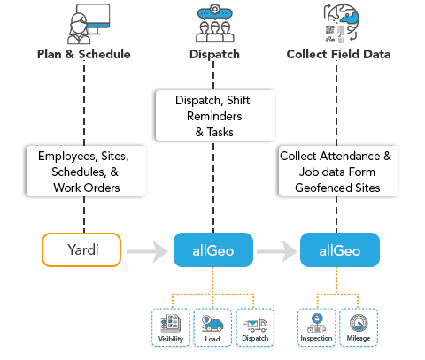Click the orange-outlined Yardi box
click(x=81, y=249)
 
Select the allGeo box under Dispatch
click(x=213, y=250)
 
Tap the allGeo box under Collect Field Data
click(x=340, y=250)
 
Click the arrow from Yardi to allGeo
click(x=148, y=251)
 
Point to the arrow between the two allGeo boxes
click(x=277, y=251)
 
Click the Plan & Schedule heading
click(x=84, y=54)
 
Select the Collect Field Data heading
click(x=338, y=54)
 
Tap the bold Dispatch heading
click(x=214, y=55)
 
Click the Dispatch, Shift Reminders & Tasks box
click(x=215, y=116)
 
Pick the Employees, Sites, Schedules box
click(x=86, y=172)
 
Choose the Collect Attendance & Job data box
click(x=338, y=172)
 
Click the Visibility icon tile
click(x=171, y=327)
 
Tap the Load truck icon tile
click(x=212, y=327)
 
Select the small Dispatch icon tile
click(x=255, y=327)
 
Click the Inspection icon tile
click(x=316, y=327)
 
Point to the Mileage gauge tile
click(x=359, y=327)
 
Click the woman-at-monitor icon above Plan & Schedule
click(x=89, y=24)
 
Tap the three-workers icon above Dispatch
click(x=215, y=24)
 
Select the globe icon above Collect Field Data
click(x=342, y=23)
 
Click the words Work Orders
click(x=87, y=188)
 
